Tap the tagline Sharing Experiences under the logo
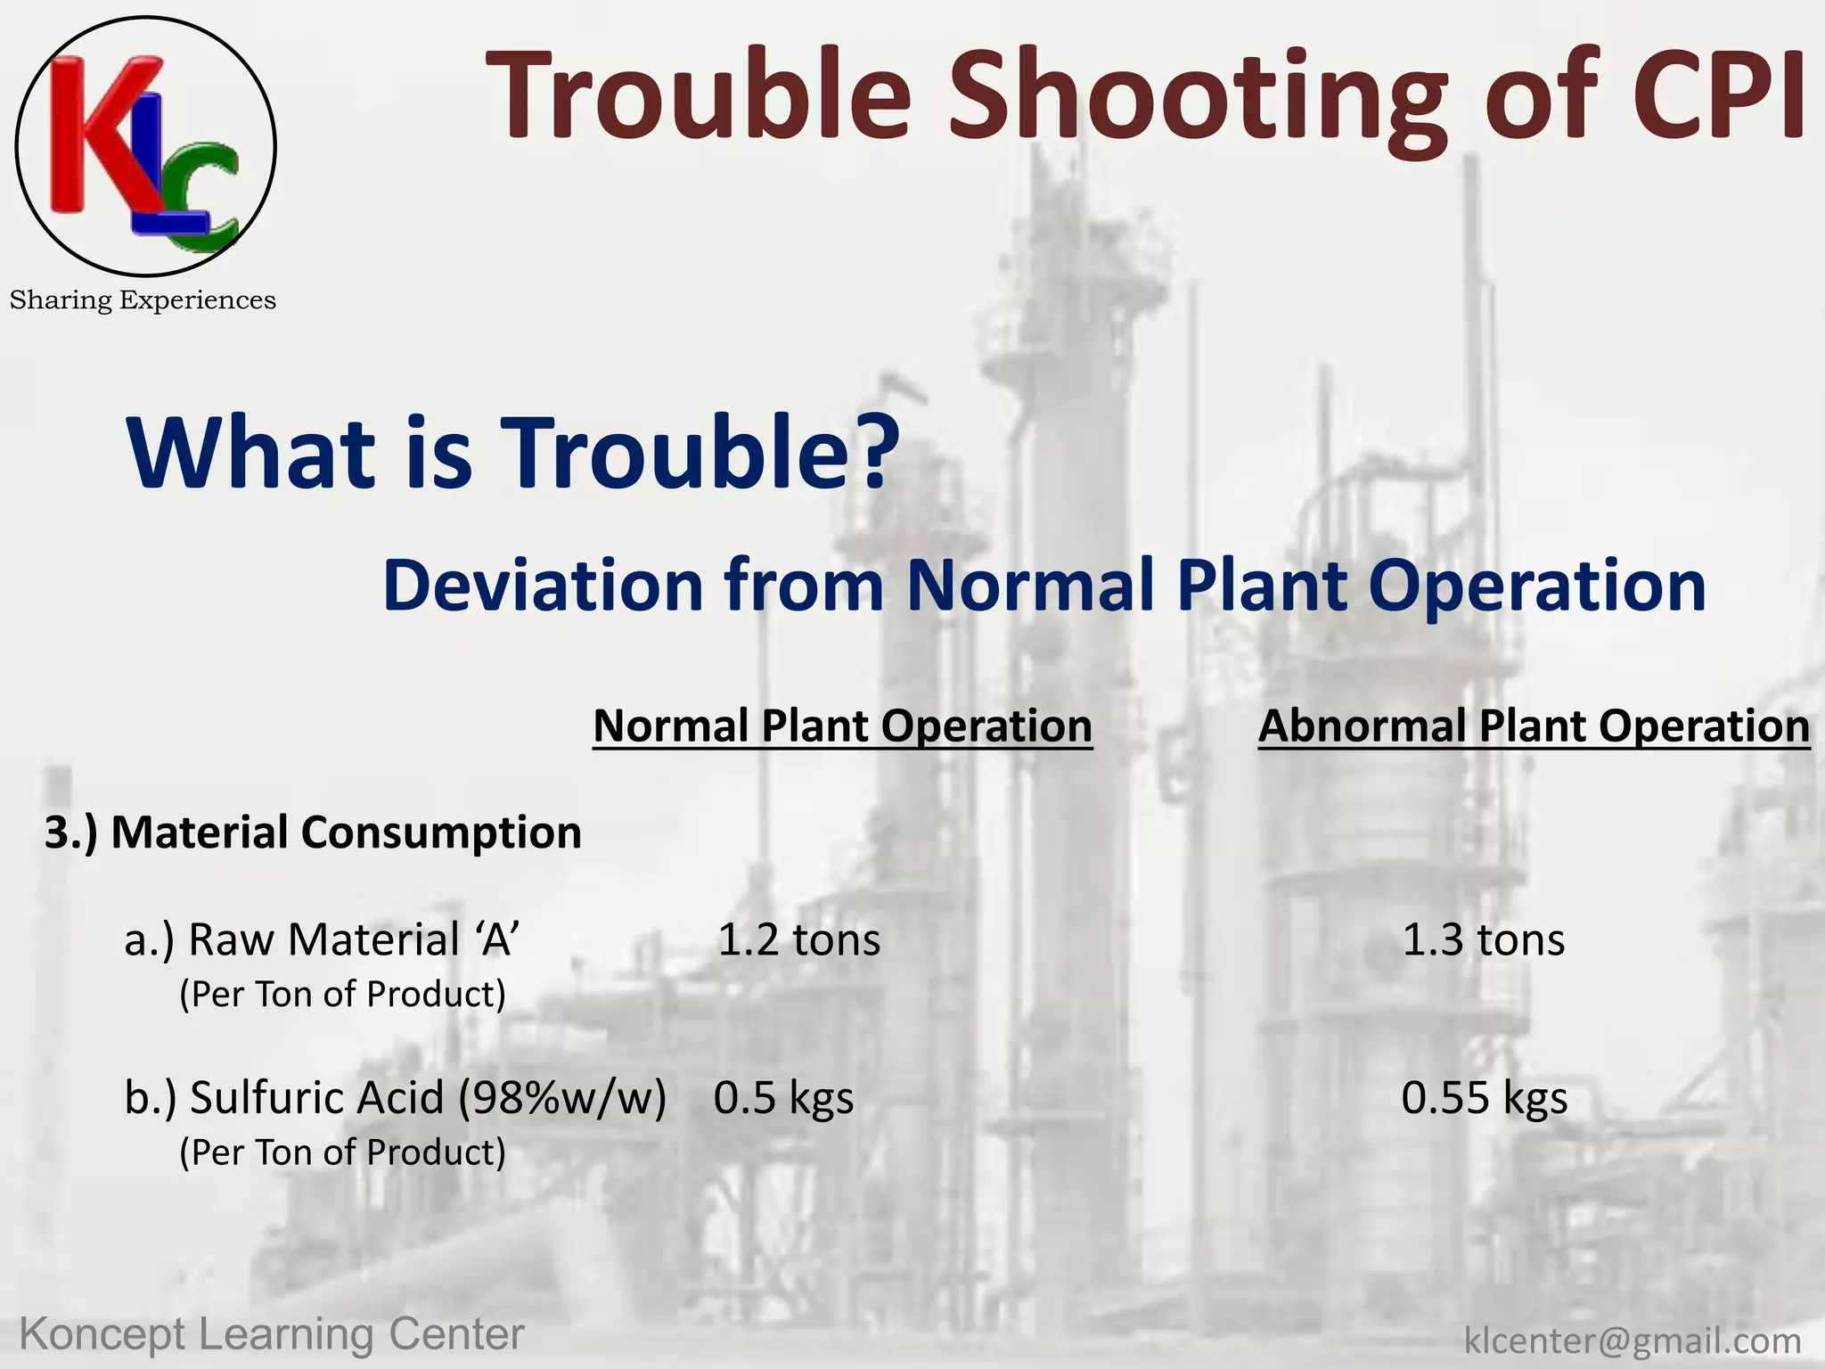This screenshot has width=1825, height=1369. point(143,300)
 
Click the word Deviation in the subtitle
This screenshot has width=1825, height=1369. point(543,586)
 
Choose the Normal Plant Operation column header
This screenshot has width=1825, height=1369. point(842,725)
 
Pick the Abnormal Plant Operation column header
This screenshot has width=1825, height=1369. point(1534,725)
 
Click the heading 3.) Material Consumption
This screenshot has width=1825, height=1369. point(313,832)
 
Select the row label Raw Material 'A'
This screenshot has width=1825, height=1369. point(322,939)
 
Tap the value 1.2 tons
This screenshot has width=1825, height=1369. point(798,939)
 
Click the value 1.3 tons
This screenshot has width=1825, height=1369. point(1483,939)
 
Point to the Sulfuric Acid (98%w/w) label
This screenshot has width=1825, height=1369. point(395,1097)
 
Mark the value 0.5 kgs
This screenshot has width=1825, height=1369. point(783,1097)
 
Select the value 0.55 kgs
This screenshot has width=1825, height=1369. point(1484,1097)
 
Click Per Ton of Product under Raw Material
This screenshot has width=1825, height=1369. point(342,994)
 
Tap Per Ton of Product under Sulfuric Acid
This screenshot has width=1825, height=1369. point(342,1152)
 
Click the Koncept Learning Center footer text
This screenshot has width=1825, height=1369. point(272,1335)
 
